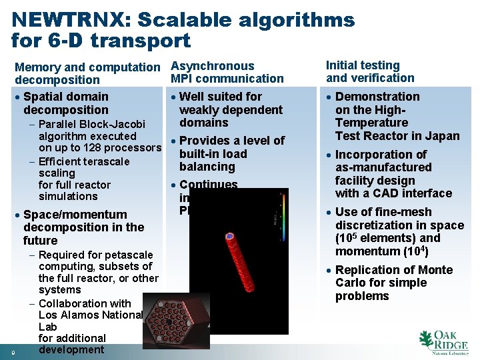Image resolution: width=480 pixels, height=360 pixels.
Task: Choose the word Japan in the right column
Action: click(443, 136)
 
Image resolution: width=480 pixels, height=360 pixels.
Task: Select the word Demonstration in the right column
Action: click(377, 97)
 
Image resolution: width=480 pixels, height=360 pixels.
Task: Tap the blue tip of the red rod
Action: click(230, 237)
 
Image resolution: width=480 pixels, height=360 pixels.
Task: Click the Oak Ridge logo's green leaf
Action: click(427, 341)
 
